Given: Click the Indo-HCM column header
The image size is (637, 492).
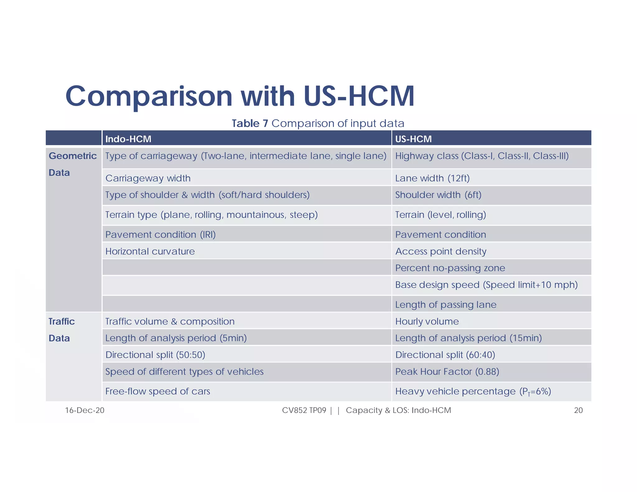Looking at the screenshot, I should [128, 139].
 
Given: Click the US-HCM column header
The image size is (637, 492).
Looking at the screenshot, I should [413, 139].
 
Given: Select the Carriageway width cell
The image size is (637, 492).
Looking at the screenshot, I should [148, 178].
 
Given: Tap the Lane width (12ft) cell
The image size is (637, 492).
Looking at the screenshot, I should [432, 178].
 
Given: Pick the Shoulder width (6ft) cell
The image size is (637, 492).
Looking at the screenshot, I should [438, 195].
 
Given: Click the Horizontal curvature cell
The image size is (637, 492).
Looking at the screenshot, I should [150, 251].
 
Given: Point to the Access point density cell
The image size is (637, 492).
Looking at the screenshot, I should [440, 251].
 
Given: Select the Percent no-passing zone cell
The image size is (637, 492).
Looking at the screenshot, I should [450, 268].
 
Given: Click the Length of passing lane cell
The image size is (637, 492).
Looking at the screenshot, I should [445, 305].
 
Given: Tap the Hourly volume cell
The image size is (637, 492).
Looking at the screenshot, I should [427, 322].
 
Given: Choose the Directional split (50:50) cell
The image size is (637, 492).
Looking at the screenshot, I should [155, 355].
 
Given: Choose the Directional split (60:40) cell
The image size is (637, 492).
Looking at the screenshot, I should [445, 355].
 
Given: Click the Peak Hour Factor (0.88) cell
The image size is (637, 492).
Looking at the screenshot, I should [447, 372].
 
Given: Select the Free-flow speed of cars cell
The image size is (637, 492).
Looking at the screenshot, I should [157, 391].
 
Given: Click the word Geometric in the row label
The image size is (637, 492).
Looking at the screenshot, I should [72, 156].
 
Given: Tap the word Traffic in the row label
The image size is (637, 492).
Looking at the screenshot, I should [62, 322].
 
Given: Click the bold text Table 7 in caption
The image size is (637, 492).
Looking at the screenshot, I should [250, 123].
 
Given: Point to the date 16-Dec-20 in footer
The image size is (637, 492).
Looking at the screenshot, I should [85, 411].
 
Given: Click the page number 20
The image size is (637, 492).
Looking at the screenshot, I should [578, 411].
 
